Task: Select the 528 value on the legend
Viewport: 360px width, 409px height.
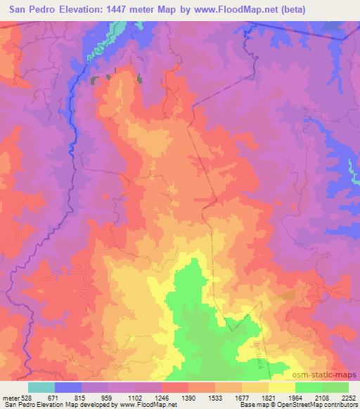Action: [x=27, y=397]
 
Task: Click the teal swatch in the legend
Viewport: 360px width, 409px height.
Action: [x=41, y=387]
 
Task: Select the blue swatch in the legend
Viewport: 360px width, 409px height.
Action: [x=68, y=387]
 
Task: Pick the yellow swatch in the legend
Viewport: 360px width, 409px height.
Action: [x=282, y=387]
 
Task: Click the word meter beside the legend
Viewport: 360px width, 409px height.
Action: [x=10, y=397]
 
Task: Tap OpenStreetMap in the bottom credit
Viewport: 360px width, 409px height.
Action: [x=295, y=405]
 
